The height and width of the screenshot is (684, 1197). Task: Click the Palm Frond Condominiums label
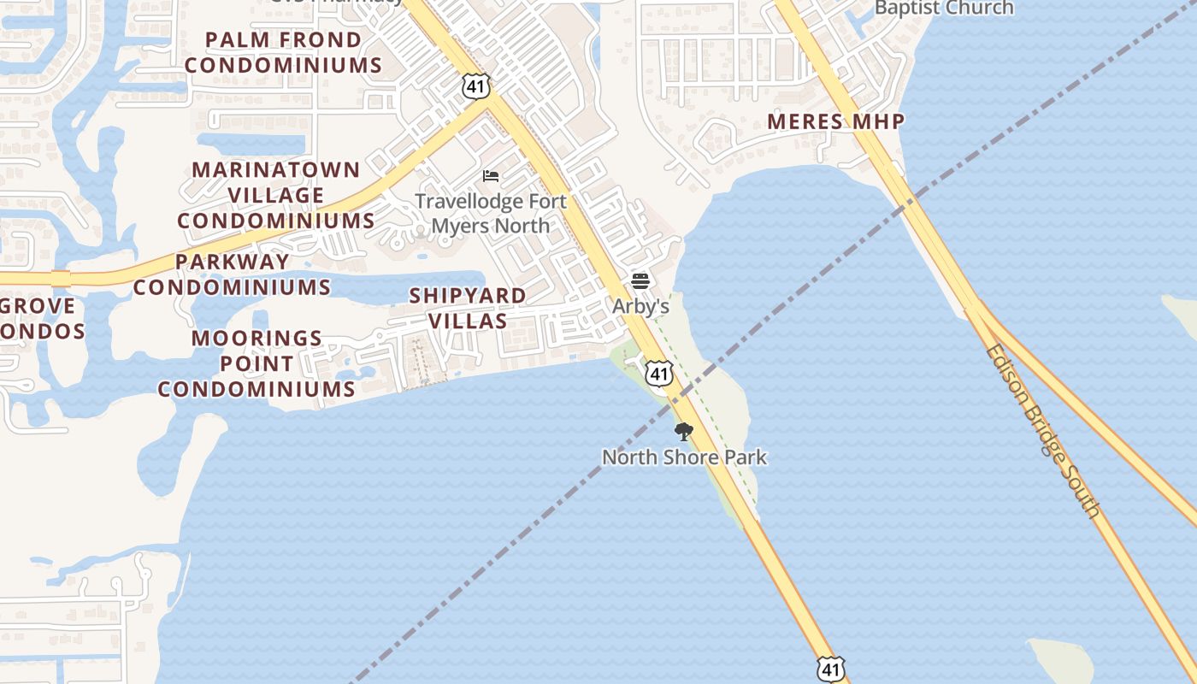point(284,52)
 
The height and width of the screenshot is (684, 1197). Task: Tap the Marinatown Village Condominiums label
point(276,195)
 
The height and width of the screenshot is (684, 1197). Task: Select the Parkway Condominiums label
point(232,274)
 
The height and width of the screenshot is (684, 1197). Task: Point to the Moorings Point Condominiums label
point(256,363)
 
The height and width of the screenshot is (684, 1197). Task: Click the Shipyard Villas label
point(468,308)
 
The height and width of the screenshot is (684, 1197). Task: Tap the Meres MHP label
point(835,121)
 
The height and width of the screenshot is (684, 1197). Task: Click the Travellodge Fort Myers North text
point(490,214)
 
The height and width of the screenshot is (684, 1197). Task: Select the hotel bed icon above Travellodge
point(491,176)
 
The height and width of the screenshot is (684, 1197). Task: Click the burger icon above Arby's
point(640,280)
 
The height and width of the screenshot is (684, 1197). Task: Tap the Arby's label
point(640,305)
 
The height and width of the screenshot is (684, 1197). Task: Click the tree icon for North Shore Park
point(683,431)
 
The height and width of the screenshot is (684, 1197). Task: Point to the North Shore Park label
point(684,457)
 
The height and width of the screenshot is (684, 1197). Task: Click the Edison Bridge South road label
point(1042,430)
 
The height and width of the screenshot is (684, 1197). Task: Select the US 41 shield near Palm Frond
point(475,85)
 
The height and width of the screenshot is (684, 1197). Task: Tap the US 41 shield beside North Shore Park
point(658,374)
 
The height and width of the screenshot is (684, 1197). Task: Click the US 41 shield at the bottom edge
point(830,669)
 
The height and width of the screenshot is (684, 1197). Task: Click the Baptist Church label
point(943,9)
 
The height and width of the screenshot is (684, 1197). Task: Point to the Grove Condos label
point(38,318)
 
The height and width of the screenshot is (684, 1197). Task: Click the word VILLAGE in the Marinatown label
point(276,195)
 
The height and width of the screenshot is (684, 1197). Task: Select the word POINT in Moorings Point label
point(256,363)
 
